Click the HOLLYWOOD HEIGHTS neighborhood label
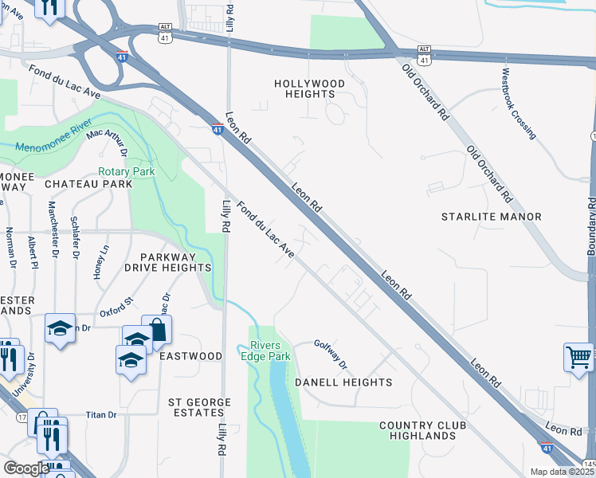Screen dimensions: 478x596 309,88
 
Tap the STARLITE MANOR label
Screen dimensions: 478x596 492,217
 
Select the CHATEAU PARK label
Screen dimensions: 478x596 88,184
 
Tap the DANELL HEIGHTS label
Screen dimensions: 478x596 343,382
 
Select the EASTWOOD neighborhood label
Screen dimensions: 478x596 190,356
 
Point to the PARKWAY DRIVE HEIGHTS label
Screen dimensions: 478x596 174,262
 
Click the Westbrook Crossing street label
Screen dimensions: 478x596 519,103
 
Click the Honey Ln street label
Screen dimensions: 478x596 100,261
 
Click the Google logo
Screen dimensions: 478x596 26,468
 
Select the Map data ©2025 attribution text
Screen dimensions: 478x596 563,472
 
